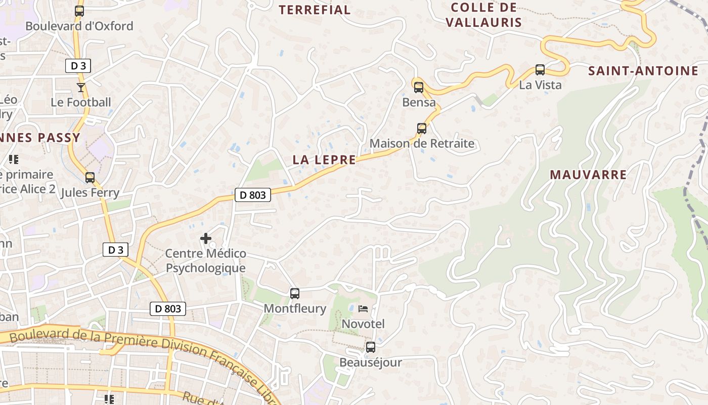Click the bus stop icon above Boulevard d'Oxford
click(x=79, y=11)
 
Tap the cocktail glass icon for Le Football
click(x=81, y=88)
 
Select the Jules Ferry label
click(x=90, y=192)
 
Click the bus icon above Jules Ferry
click(x=90, y=178)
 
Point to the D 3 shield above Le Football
click(x=78, y=65)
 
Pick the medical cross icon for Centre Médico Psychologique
click(x=206, y=238)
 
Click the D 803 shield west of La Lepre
click(x=253, y=194)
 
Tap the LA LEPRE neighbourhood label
click(x=324, y=159)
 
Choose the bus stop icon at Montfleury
click(x=295, y=293)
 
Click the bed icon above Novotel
click(x=363, y=308)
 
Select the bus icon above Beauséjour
click(x=371, y=347)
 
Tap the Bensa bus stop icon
click(x=419, y=87)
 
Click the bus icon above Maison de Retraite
click(x=422, y=129)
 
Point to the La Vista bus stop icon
click(x=540, y=70)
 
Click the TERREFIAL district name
click(x=315, y=10)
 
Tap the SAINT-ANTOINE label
click(x=643, y=71)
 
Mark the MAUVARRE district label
click(x=588, y=175)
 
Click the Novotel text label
click(x=363, y=323)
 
